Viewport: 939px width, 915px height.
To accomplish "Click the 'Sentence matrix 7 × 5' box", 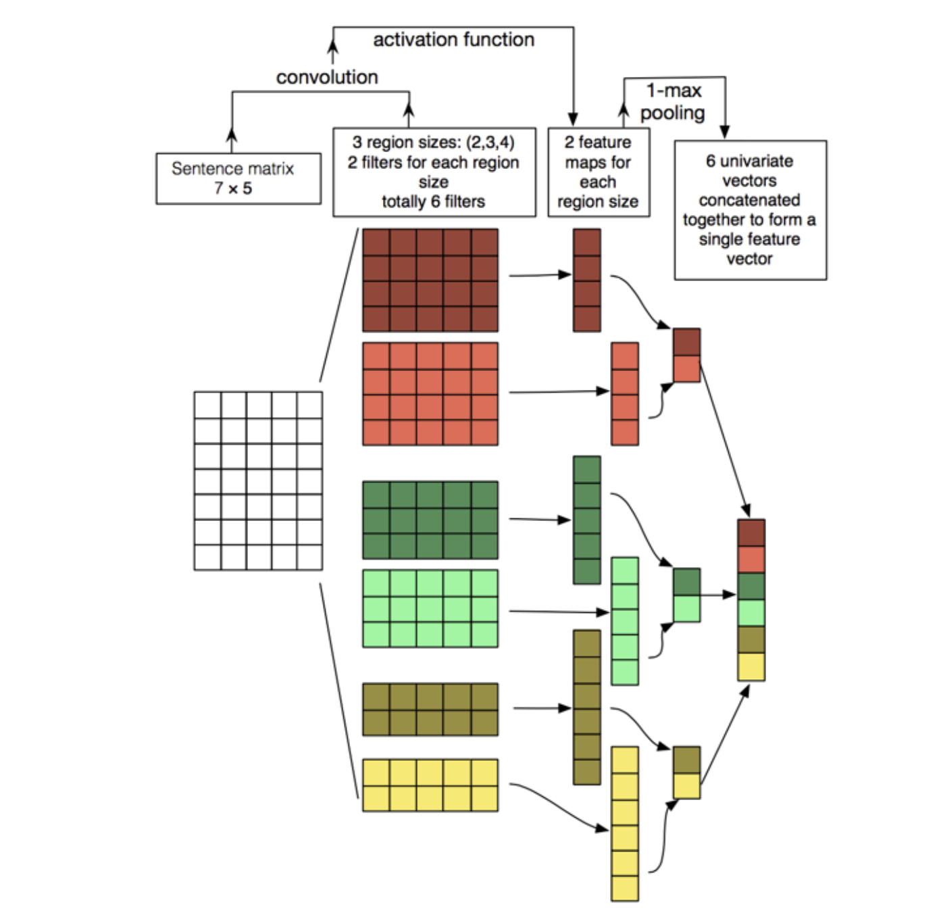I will click(x=238, y=178).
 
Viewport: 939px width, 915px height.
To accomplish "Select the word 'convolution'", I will click(x=327, y=77).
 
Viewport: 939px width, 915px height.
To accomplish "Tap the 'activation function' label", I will click(x=453, y=40).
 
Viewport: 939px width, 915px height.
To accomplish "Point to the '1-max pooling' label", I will click(x=673, y=101).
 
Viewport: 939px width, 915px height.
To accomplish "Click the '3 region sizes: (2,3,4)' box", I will click(x=434, y=172).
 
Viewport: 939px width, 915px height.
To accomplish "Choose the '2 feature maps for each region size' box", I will click(x=598, y=172).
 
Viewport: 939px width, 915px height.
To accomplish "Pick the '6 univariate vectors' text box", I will click(x=750, y=209).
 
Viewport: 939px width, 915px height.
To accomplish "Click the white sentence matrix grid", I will click(x=258, y=480).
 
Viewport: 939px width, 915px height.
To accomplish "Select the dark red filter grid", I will click(x=430, y=280).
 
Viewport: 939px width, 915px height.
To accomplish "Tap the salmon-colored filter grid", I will click(x=430, y=393).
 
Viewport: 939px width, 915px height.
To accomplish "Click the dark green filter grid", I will click(x=430, y=520).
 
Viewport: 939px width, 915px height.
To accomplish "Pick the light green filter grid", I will click(x=430, y=608).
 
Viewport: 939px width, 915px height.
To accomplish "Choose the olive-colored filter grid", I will click(x=430, y=709).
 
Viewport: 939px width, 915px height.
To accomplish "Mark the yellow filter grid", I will click(x=430, y=785).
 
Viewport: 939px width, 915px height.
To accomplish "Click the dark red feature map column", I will click(x=586, y=280).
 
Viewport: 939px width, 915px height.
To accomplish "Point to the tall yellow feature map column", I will click(x=624, y=823).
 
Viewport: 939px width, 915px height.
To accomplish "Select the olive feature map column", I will click(x=586, y=707).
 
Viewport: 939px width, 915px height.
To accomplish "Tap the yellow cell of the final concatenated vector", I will click(x=751, y=666).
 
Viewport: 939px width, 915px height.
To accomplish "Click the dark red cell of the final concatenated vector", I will click(x=751, y=533).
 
